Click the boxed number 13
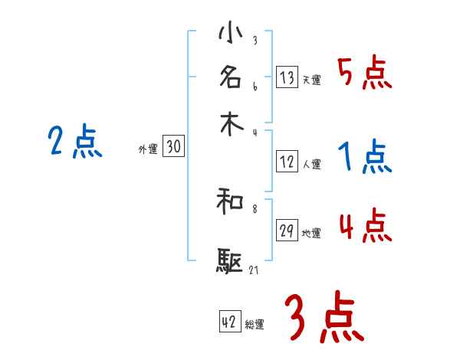(x=287, y=77)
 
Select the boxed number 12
(x=287, y=162)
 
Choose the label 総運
(x=255, y=325)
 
